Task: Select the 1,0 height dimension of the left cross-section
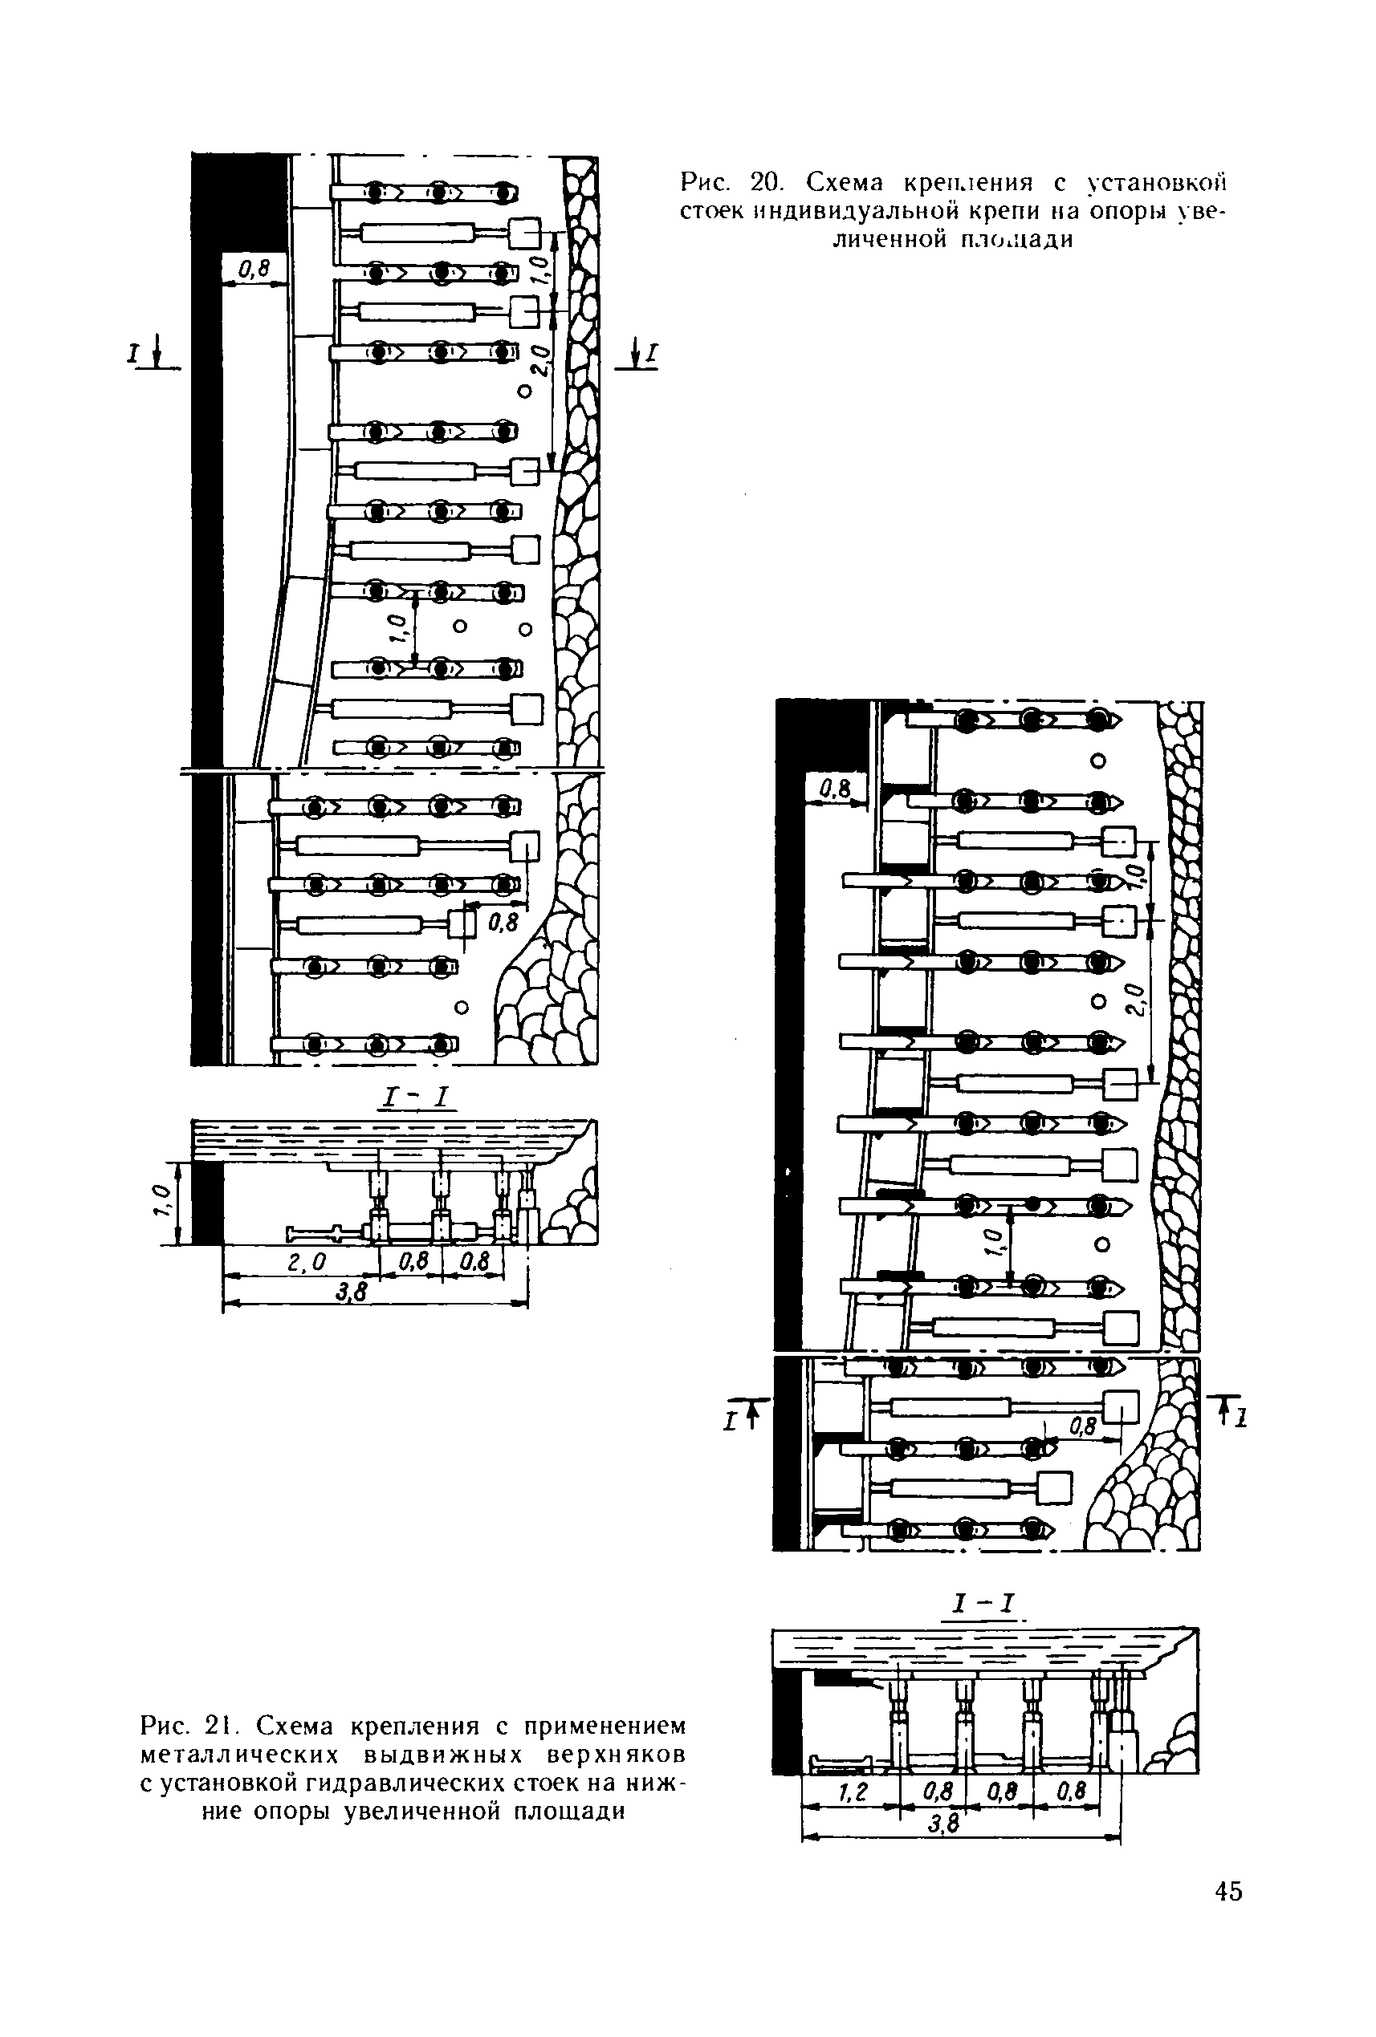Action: click(x=160, y=1202)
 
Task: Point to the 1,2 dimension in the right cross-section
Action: click(x=852, y=1793)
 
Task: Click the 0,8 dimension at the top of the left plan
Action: click(x=254, y=270)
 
